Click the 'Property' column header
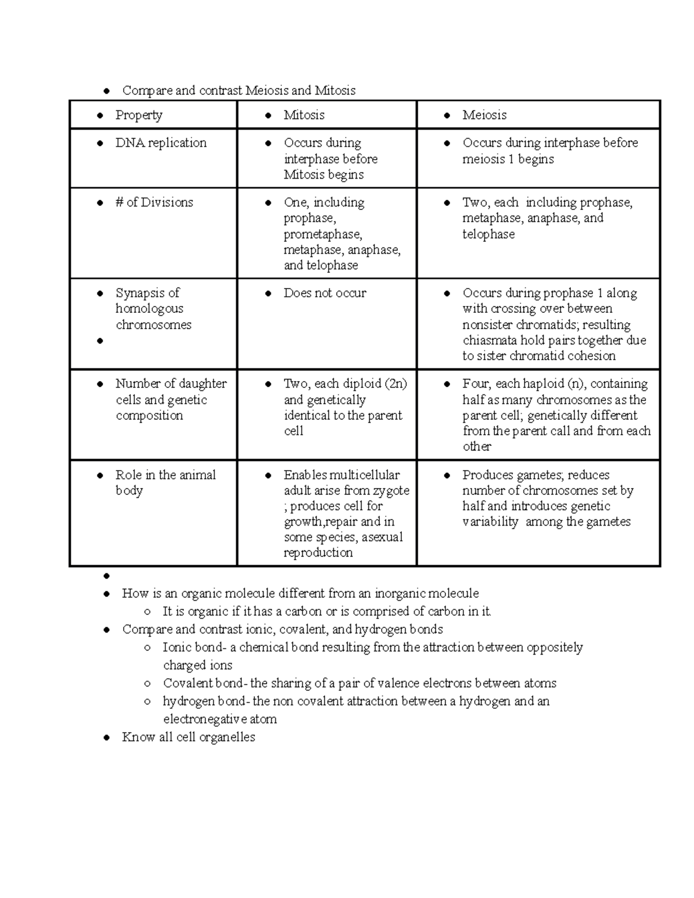[139, 115]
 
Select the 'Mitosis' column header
[304, 115]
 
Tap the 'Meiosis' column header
[484, 115]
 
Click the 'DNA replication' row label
[161, 143]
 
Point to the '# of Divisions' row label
[154, 202]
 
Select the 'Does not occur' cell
[324, 293]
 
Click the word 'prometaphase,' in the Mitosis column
[323, 234]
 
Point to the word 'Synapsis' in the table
[139, 293]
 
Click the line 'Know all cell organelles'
[188, 737]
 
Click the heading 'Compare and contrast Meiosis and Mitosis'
[238, 91]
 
